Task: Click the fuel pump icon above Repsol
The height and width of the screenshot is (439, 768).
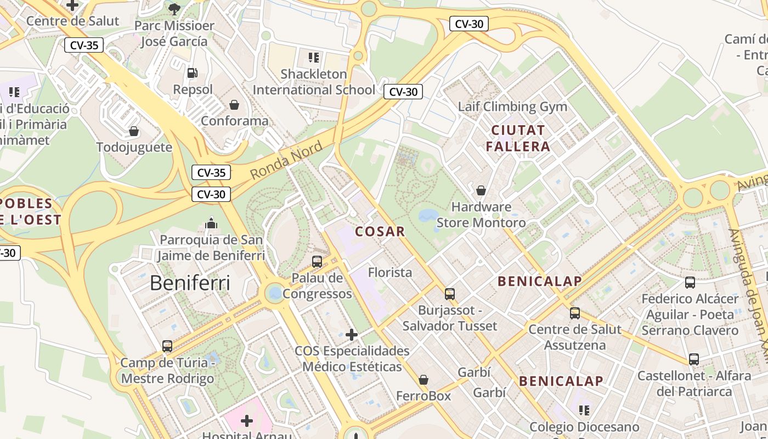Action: click(x=193, y=72)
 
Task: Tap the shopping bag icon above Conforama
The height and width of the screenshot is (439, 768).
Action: click(x=234, y=104)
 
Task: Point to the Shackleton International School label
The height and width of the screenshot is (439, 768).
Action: click(x=314, y=82)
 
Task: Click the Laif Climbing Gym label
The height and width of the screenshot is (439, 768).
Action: click(x=512, y=106)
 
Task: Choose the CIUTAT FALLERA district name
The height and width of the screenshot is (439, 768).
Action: click(x=518, y=138)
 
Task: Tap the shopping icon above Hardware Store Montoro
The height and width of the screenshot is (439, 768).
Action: click(x=481, y=190)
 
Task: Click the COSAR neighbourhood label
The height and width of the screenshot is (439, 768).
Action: click(x=380, y=232)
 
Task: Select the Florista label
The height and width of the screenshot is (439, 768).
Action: click(x=390, y=272)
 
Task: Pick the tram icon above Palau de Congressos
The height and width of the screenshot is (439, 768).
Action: click(x=317, y=261)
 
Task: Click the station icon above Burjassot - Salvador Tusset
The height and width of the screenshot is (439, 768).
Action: click(x=450, y=294)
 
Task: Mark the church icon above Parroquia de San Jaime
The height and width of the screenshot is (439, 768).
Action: click(x=211, y=223)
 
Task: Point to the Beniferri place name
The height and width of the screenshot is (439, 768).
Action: click(x=190, y=283)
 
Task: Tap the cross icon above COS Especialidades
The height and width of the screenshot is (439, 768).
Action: click(x=352, y=334)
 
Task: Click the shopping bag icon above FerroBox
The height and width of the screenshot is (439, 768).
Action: click(x=423, y=379)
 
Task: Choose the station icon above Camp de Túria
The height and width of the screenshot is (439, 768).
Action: click(x=167, y=346)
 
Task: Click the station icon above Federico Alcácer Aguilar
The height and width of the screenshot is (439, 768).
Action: click(x=690, y=283)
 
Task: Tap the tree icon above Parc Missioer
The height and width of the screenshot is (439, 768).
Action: click(x=174, y=9)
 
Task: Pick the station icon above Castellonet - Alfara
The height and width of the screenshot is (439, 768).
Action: click(x=694, y=359)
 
